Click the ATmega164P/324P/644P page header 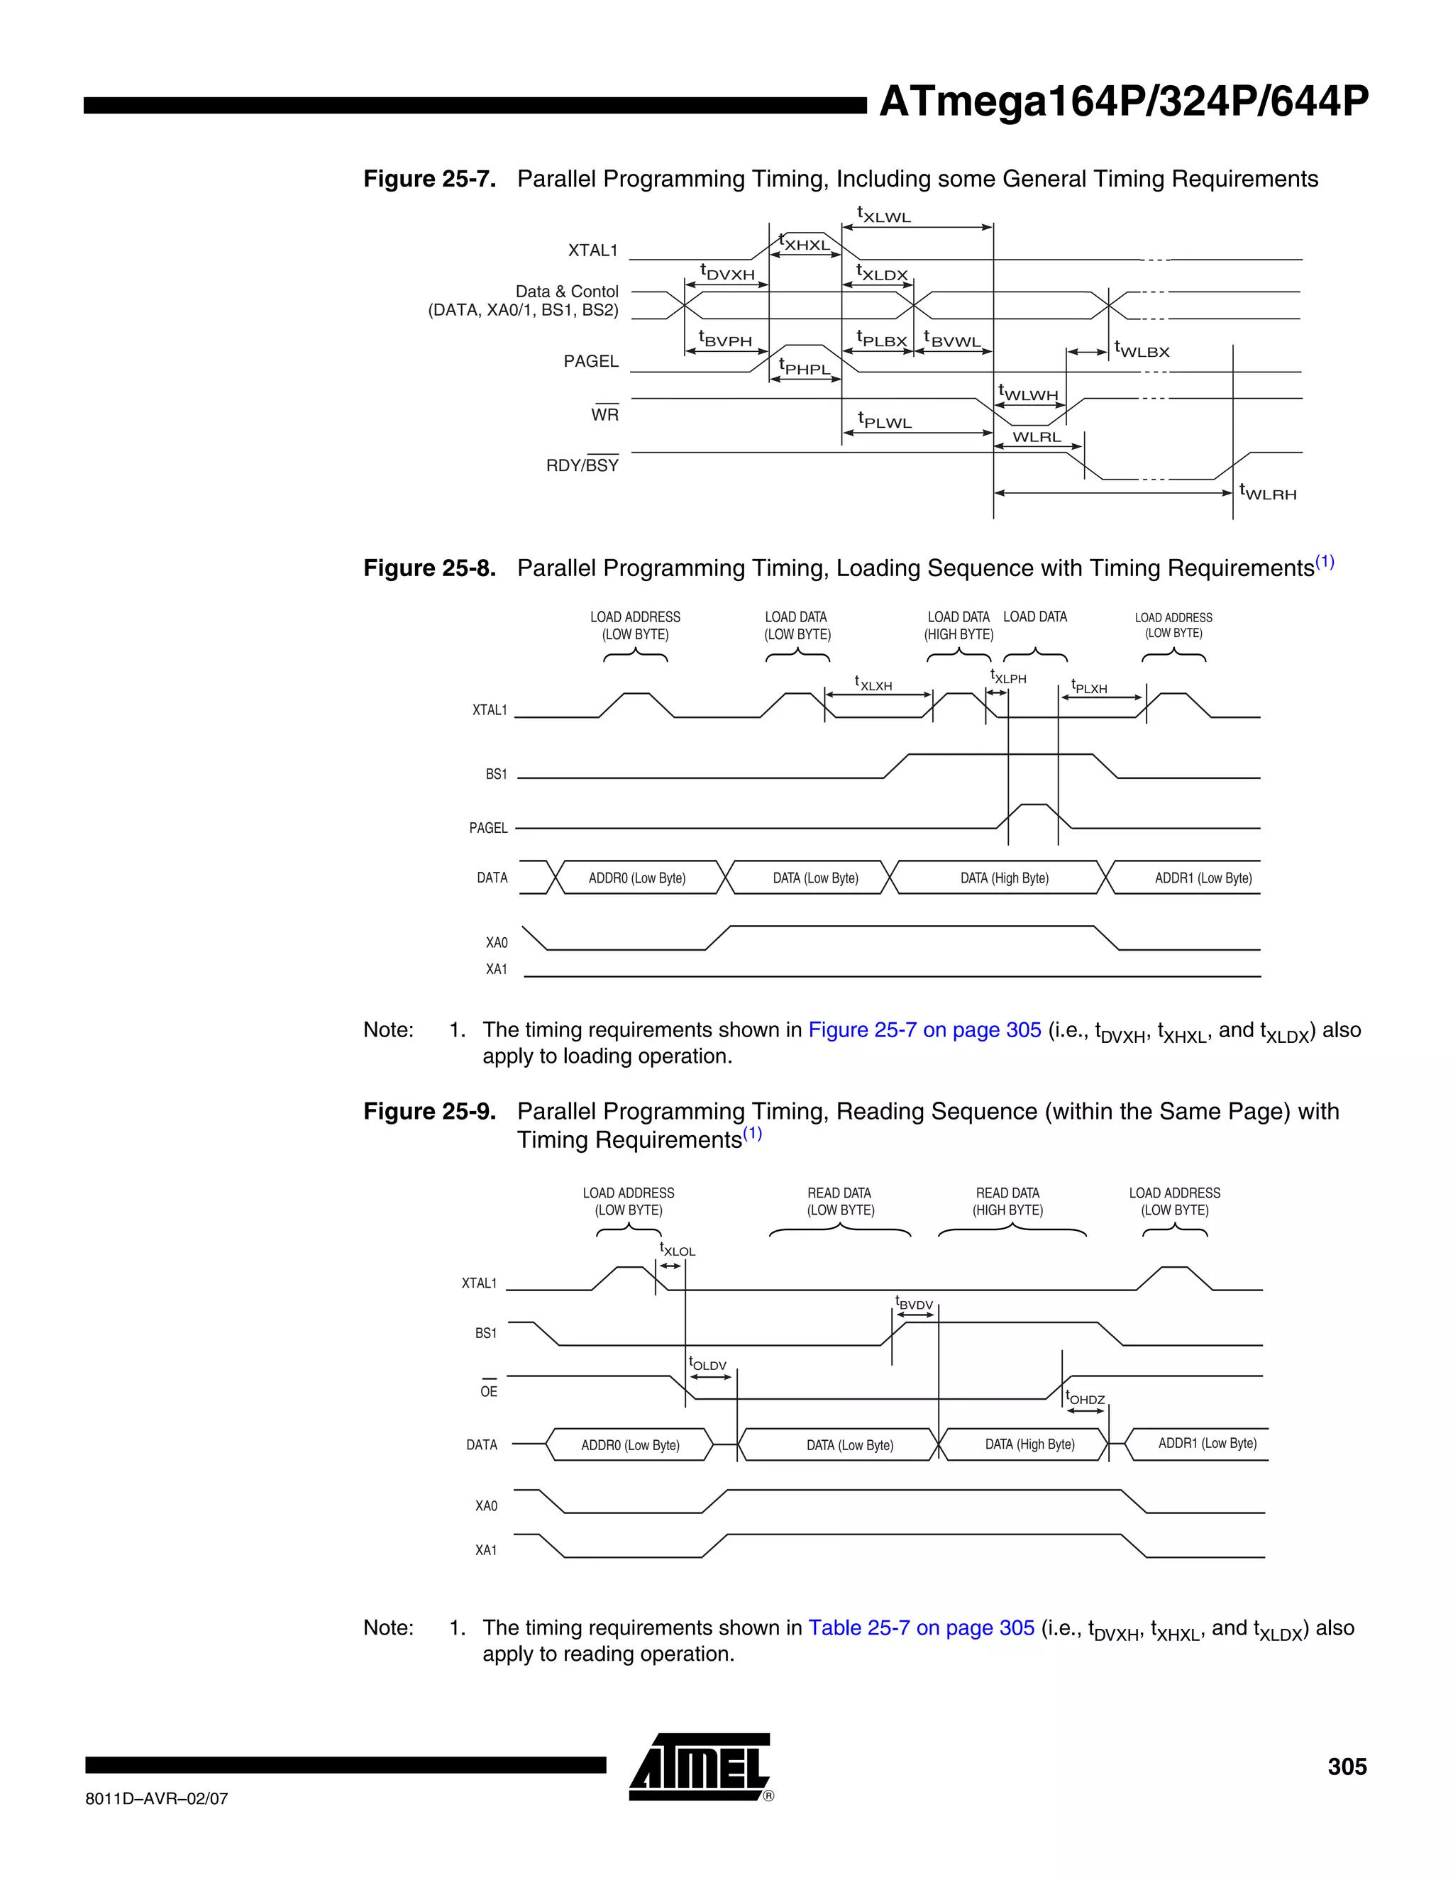tap(1122, 102)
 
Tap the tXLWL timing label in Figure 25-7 tap(883, 214)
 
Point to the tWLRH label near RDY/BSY tap(1267, 492)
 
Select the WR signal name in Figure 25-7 tap(604, 414)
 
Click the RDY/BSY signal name tap(582, 465)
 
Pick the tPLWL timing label tap(884, 420)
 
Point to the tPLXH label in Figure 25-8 tap(1089, 686)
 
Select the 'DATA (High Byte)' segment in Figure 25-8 tap(1004, 878)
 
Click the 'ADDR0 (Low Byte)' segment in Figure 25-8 tap(637, 878)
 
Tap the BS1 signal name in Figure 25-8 tap(496, 774)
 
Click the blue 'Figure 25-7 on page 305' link tap(924, 1029)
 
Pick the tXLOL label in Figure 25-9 tap(677, 1249)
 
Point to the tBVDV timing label tap(913, 1303)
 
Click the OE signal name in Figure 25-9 tap(488, 1391)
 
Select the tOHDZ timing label tap(1085, 1398)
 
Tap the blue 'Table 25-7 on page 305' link tap(921, 1627)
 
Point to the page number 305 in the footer tap(1347, 1766)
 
